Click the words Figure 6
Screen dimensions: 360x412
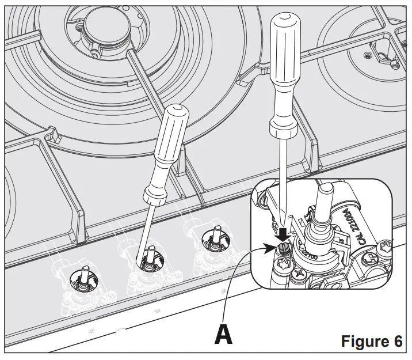(x=371, y=340)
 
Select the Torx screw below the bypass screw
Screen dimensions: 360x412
(x=283, y=267)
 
